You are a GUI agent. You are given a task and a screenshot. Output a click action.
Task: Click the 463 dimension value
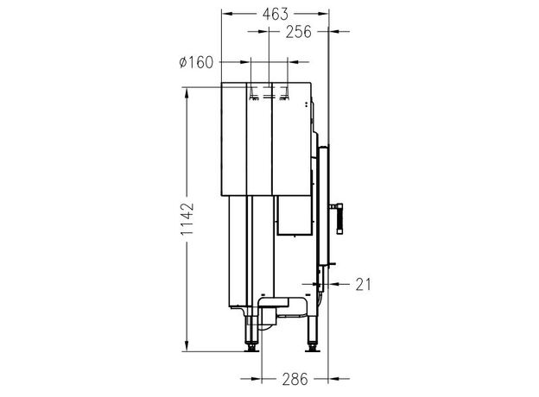[275, 14]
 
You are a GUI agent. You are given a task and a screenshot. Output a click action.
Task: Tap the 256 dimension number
[298, 32]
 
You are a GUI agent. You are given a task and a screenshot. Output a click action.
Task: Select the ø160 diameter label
[196, 62]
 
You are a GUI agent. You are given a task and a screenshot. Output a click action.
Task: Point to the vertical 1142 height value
[187, 218]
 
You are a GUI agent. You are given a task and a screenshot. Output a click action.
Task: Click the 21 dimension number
[364, 285]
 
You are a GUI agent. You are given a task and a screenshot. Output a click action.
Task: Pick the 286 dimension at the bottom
[295, 379]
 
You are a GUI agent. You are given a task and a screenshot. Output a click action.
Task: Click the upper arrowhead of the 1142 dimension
[187, 92]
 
